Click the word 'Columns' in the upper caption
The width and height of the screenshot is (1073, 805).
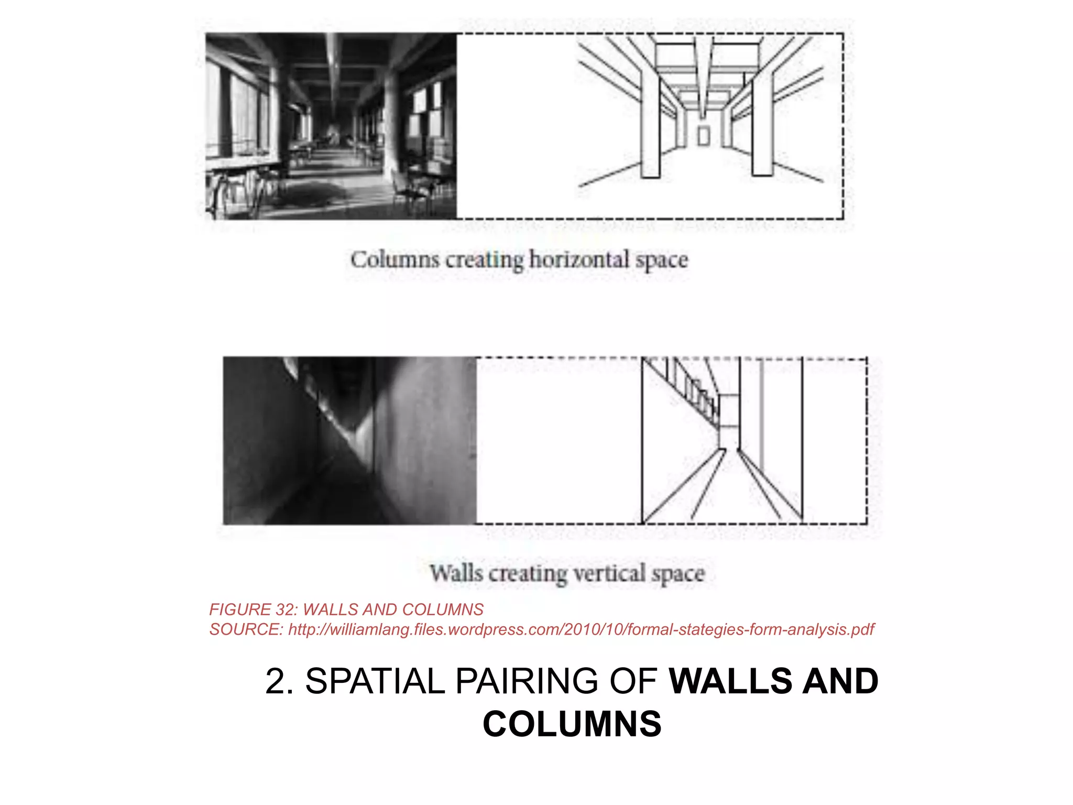[x=395, y=260]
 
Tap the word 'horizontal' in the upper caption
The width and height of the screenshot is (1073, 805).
[x=578, y=260]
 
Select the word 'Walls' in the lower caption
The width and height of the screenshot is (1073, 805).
[x=456, y=573]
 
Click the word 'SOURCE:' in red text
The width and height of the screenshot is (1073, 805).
[x=246, y=629]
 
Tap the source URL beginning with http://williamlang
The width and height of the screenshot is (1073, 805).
[x=581, y=629]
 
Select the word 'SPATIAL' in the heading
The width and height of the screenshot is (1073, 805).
[x=375, y=681]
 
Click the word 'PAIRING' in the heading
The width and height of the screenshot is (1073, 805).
[x=526, y=681]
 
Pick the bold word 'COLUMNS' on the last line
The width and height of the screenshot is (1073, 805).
[x=572, y=724]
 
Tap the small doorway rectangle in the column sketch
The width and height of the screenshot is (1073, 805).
[x=704, y=136]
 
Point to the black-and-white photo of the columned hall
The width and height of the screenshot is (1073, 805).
[x=331, y=126]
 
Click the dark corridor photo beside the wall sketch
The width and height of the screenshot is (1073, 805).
[x=349, y=440]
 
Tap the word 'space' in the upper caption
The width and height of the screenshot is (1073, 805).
[x=662, y=260]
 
